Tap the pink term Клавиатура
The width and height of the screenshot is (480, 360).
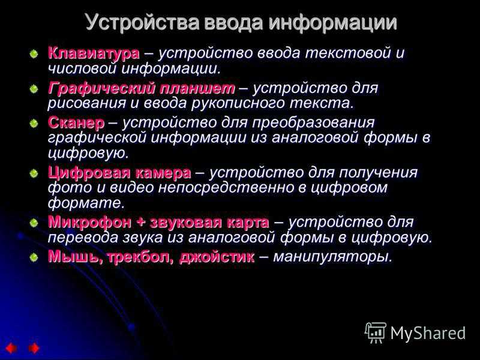94,53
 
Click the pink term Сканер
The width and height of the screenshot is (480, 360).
76,123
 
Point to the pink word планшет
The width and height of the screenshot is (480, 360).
193,88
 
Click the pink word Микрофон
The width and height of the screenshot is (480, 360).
89,222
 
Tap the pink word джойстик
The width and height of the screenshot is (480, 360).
217,257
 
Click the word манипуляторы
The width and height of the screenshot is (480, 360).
332,257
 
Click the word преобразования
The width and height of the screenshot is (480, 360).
313,123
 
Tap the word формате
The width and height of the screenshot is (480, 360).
86,203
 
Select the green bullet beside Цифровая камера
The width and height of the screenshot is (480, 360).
34,174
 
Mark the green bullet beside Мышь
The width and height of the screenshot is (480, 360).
34,257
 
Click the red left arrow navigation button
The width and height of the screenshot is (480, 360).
11,349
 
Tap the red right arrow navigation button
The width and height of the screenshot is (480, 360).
34,349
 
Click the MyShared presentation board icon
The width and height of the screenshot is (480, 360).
376,332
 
